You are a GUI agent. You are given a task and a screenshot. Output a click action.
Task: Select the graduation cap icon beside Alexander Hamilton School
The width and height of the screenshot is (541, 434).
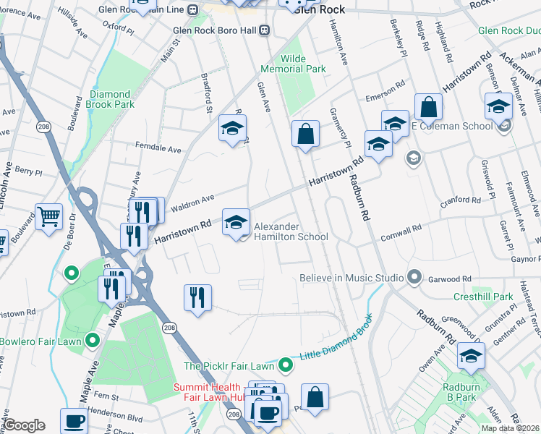[x=236, y=222]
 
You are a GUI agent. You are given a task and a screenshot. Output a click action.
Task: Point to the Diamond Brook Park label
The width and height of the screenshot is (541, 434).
[x=111, y=99]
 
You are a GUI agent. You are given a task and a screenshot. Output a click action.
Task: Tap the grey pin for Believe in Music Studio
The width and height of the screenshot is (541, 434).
[x=414, y=278]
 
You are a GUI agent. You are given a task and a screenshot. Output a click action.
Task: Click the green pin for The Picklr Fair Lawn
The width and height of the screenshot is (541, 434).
[x=286, y=366]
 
